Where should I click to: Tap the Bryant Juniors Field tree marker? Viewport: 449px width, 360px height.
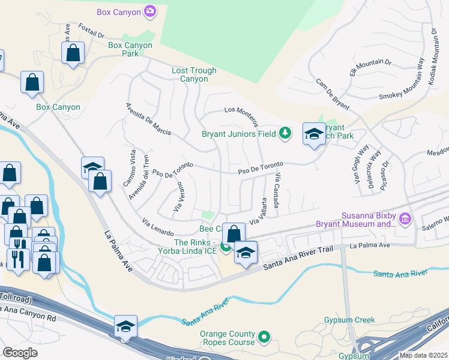[285, 133]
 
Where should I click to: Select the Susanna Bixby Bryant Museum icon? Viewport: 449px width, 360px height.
[406, 220]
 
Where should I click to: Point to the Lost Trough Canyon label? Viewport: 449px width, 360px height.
[194, 74]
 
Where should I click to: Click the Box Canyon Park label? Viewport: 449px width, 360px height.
[130, 49]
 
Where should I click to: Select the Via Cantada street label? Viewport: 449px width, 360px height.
[278, 185]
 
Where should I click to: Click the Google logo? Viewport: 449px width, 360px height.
[19, 353]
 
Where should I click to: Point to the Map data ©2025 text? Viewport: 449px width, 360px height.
[423, 355]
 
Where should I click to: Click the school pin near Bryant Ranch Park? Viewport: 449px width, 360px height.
[313, 134]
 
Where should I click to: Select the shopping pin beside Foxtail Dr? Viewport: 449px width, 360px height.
[73, 52]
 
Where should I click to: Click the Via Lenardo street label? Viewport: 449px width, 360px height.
[158, 228]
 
